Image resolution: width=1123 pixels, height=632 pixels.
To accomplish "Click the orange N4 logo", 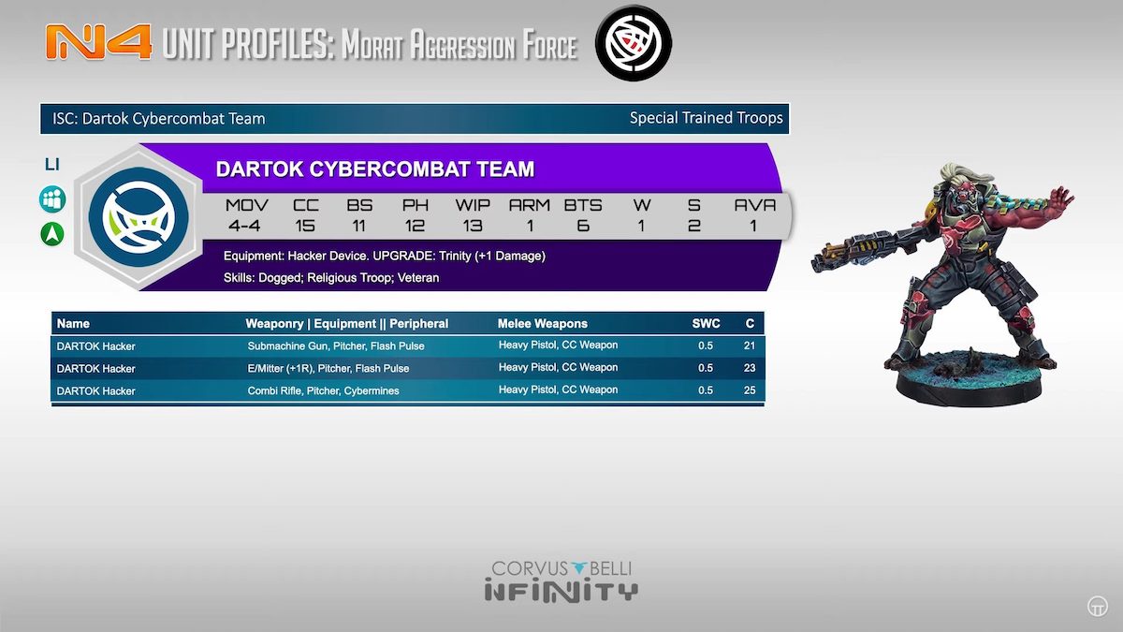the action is tap(98, 43).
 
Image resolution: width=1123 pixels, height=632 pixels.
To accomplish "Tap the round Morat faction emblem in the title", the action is tap(634, 43).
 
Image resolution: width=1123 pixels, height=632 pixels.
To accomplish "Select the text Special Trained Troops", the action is tap(706, 118).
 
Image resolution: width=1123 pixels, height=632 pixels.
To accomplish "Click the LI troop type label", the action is tap(52, 164).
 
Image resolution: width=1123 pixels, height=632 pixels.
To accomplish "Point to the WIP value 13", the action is tap(473, 226).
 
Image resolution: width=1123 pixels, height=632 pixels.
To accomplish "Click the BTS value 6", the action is tap(582, 226).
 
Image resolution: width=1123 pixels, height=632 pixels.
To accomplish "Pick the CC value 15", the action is tap(305, 226).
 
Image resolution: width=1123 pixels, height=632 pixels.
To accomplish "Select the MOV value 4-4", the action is tap(244, 226).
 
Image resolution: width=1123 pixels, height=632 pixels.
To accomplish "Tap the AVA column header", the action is tap(754, 205).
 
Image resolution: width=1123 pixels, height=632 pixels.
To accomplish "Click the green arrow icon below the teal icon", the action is tap(52, 234).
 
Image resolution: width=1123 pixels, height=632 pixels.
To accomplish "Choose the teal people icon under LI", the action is tap(52, 199).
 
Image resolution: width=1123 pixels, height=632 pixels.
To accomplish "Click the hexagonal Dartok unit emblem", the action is tap(139, 217).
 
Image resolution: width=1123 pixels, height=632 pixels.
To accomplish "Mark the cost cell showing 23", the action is tap(750, 368).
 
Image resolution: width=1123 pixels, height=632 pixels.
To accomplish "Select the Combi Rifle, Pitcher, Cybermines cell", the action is tap(324, 390).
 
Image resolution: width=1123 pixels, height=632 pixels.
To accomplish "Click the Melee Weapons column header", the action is tap(543, 324).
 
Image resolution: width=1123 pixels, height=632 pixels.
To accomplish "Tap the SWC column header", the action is tap(706, 324).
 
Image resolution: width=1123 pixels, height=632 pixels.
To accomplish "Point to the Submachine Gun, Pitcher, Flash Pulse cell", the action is tap(336, 346).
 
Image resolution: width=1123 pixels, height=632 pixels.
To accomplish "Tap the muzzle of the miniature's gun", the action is tap(817, 263).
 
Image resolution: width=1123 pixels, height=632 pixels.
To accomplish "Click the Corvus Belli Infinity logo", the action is tap(561, 581).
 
